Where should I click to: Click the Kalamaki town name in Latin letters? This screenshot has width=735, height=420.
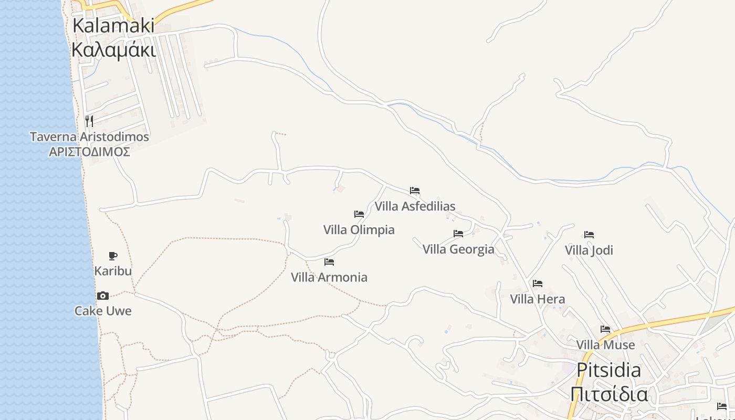[x=113, y=25]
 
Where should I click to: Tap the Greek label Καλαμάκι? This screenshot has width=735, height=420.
[x=113, y=50]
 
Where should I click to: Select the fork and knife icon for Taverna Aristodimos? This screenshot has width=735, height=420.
[x=89, y=121]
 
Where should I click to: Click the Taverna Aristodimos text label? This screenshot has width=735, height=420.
[x=89, y=137]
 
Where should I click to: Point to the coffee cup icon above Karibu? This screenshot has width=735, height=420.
[x=112, y=256]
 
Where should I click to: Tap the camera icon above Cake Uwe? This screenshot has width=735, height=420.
[x=103, y=296]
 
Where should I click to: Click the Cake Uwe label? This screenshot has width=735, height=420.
[x=103, y=311]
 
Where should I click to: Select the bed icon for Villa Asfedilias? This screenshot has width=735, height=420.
[x=415, y=191]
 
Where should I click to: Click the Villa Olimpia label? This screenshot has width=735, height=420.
[x=359, y=230]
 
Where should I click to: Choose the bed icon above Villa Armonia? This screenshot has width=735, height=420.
[x=329, y=261]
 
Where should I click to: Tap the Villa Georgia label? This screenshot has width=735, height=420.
[x=458, y=249]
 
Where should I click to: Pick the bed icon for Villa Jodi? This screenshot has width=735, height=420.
[x=589, y=235]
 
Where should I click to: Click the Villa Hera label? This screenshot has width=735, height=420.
[x=538, y=299]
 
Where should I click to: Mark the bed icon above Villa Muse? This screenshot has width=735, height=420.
[x=605, y=329]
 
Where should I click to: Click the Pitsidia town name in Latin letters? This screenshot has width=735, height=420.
[x=608, y=370]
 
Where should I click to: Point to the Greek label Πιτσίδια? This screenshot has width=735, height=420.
[x=608, y=394]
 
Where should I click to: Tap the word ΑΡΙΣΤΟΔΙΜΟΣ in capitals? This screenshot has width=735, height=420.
[x=89, y=152]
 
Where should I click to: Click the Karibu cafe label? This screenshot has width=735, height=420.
[x=113, y=271]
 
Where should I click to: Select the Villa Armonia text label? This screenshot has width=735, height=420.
[x=329, y=277]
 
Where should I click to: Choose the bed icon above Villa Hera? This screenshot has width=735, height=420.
[x=538, y=283]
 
